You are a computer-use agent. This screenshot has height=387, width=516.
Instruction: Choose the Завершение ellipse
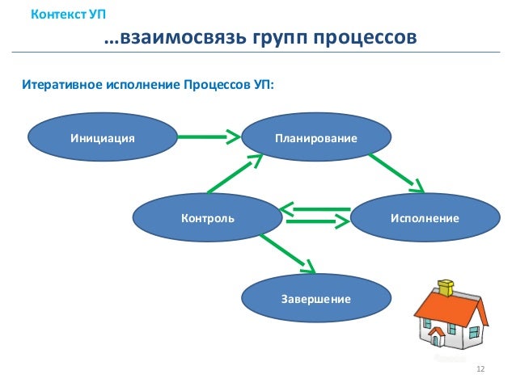tap(315, 298)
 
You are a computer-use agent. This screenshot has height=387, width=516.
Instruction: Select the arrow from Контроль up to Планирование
tap(235, 175)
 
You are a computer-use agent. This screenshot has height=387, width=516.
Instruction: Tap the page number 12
tap(480, 368)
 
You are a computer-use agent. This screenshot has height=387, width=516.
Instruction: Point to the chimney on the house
tap(446, 286)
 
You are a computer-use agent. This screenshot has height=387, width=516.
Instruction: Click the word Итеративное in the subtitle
tap(62, 83)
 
